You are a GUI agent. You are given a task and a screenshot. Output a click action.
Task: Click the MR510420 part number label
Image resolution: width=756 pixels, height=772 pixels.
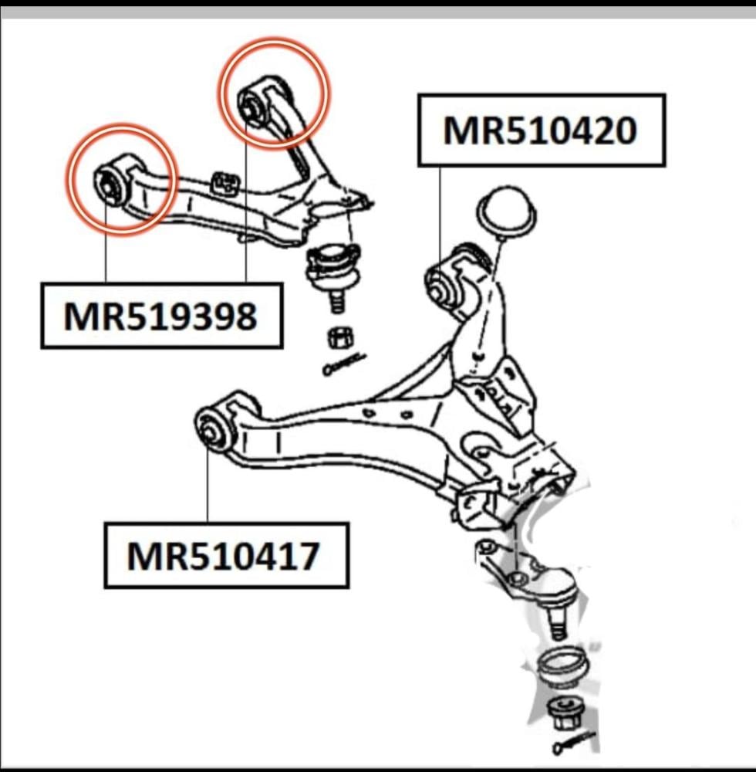[x=541, y=130]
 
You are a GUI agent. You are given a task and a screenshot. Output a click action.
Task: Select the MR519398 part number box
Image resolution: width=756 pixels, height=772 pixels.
[x=161, y=316]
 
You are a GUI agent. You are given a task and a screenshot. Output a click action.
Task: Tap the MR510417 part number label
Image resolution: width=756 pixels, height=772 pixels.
[x=225, y=555]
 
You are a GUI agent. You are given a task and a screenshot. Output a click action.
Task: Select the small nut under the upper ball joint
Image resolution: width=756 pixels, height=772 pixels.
[x=339, y=337]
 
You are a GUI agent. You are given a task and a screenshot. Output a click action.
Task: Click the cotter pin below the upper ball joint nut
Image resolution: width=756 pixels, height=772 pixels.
[x=343, y=364]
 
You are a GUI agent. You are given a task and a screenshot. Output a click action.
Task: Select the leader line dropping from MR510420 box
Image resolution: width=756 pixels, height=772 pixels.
[x=440, y=212]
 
